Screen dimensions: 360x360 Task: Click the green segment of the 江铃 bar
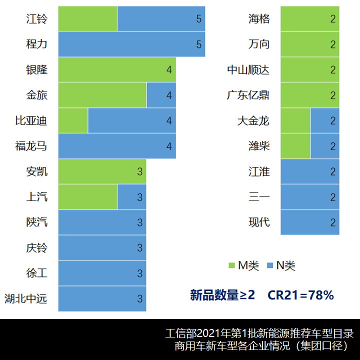pos(87,19)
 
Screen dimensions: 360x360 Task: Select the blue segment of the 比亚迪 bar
pos(131,120)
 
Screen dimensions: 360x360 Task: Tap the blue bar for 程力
pos(131,44)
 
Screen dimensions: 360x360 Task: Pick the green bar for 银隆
pos(117,70)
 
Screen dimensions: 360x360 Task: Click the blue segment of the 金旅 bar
pos(161,95)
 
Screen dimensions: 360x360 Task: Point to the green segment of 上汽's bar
pos(87,197)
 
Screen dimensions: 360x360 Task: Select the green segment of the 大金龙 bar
pos(295,120)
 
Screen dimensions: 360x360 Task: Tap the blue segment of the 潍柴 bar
pos(324,146)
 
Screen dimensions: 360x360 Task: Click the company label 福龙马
pos(31,146)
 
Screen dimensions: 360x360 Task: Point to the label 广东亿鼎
pos(248,95)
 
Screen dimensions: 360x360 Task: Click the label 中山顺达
pos(248,70)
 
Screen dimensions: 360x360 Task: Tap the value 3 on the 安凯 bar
pos(140,172)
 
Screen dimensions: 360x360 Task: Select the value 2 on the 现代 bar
pos(333,222)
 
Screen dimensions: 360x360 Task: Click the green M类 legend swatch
pos(231,265)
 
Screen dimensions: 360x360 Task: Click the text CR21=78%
pos(300,295)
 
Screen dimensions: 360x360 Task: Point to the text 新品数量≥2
pos(222,295)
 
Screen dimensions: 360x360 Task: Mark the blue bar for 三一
pos(310,197)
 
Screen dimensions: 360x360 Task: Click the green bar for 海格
pos(310,19)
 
